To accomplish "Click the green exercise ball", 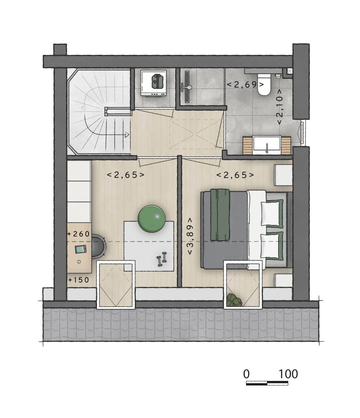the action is [151, 218].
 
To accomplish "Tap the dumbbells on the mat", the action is [161, 259].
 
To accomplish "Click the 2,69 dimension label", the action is [245, 85].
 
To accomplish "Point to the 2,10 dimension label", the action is [280, 107].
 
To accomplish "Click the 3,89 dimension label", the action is [190, 236].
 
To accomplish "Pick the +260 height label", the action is [79, 234].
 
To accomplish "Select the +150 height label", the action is [79, 280].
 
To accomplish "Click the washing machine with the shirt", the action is [154, 83].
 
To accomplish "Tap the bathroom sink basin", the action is [267, 146].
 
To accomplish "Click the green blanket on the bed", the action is [220, 215].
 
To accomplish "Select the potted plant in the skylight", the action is [234, 300].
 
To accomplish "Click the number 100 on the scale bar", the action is [288, 374].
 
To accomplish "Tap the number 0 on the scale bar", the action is [246, 374].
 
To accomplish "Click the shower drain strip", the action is [187, 87].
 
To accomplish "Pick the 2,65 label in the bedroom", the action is [235, 175].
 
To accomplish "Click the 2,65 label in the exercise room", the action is [125, 175].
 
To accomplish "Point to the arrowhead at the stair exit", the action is [127, 135].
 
